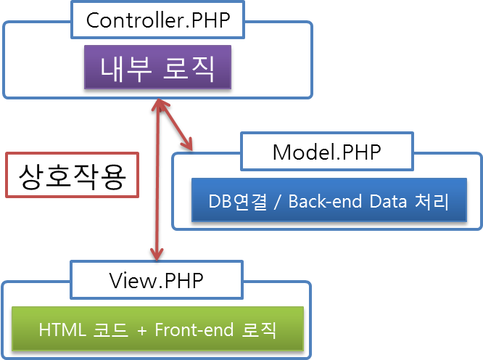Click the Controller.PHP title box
(157, 20)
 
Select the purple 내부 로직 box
(157, 67)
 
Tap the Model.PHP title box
(327, 152)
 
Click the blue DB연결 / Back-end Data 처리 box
(329, 200)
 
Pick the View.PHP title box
(157, 280)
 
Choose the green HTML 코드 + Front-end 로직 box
(157, 329)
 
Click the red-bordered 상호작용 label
(72, 175)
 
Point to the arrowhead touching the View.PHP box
(157, 253)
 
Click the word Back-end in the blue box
(325, 201)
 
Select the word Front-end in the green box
(194, 330)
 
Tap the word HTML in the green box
(62, 330)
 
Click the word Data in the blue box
(388, 201)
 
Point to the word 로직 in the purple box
(189, 68)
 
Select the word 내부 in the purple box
(126, 68)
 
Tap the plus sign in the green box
(142, 331)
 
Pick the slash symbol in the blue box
(278, 202)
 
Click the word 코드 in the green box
(110, 330)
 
